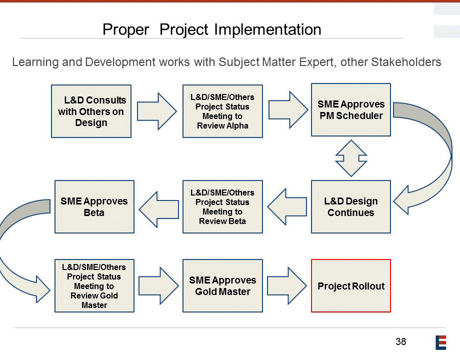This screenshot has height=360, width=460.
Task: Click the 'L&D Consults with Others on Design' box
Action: [91, 111]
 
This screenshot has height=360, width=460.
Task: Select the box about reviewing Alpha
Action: [222, 111]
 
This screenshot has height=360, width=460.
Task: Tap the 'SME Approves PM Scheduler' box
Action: [351, 109]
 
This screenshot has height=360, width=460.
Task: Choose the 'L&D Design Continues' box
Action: [351, 207]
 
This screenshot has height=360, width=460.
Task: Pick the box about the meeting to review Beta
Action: [222, 207]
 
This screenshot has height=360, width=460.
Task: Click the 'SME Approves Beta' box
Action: [94, 207]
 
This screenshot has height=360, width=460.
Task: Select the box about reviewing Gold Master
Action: [94, 286]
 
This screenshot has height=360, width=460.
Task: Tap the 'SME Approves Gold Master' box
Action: [222, 286]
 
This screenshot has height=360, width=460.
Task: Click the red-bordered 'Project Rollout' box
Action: [351, 286]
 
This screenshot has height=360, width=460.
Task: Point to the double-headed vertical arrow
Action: [351, 158]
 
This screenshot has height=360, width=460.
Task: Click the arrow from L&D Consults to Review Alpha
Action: [157, 111]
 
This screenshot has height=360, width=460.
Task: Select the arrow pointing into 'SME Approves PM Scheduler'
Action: [288, 109]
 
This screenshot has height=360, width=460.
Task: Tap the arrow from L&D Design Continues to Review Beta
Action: [287, 207]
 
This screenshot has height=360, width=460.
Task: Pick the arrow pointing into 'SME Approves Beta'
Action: [158, 209]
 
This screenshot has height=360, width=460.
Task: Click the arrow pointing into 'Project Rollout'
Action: [287, 286]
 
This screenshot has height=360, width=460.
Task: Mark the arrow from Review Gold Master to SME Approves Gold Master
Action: [158, 286]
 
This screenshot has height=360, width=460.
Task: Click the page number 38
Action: [400, 341]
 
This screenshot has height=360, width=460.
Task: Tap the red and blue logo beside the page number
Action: [440, 342]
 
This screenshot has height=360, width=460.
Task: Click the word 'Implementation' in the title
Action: [267, 30]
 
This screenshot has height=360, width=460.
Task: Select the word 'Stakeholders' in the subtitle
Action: [406, 62]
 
